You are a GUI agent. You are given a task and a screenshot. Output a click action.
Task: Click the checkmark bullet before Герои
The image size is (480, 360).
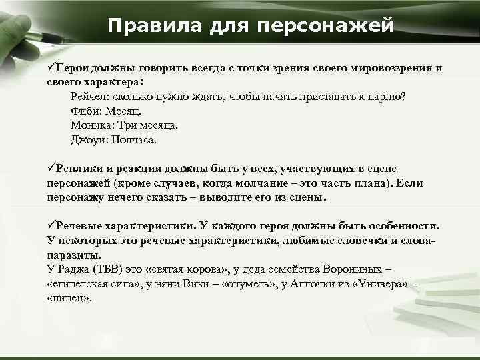[51, 69]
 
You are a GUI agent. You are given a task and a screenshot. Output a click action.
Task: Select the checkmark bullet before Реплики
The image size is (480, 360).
[51, 169]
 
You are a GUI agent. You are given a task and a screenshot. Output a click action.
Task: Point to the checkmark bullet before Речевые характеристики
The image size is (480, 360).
[51, 226]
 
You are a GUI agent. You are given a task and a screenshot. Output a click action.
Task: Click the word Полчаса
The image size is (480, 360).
[137, 140]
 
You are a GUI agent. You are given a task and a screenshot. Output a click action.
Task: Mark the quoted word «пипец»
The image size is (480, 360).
[69, 299]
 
